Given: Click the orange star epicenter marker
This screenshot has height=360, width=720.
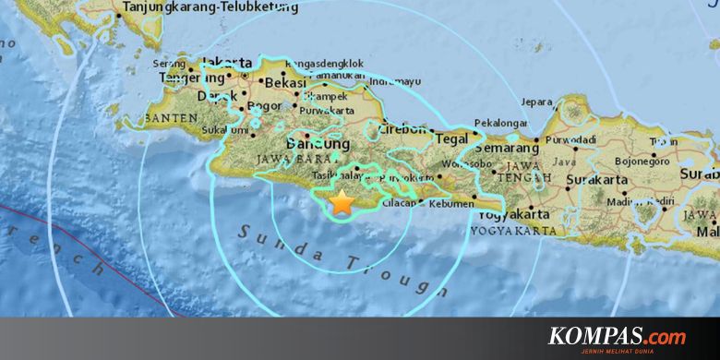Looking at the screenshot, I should click(342, 201).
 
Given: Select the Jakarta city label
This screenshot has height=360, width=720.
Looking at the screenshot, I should click(227, 63).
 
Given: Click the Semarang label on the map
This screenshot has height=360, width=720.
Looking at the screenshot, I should click(510, 148).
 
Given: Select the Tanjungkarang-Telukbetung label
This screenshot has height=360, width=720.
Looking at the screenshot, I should click(210, 8).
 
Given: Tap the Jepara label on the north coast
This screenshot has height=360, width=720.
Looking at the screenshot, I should click(536, 102).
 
